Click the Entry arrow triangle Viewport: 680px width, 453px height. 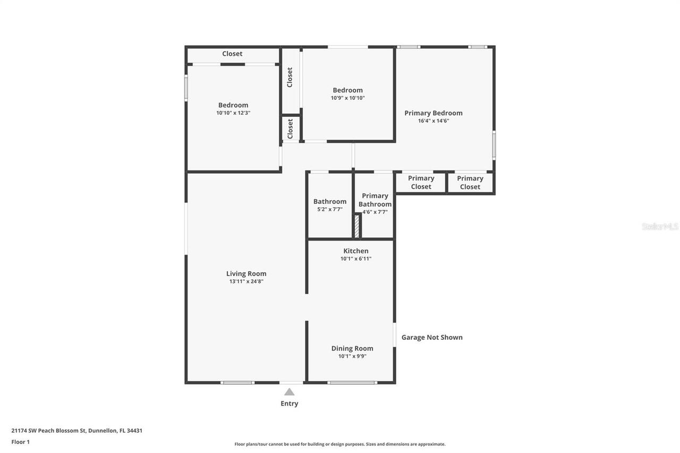click(x=289, y=392)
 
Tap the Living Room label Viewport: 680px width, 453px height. click(x=246, y=273)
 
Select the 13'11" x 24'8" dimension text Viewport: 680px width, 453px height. click(x=246, y=281)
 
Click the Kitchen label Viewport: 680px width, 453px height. click(x=355, y=251)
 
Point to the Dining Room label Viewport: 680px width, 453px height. click(x=352, y=348)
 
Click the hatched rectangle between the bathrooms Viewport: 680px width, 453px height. click(x=357, y=226)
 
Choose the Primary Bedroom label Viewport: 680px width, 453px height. click(x=433, y=113)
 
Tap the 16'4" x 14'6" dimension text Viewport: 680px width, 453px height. click(x=433, y=121)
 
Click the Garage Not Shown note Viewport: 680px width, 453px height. click(x=431, y=337)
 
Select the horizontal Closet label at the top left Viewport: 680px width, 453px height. click(x=232, y=54)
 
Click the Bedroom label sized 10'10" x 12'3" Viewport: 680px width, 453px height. click(x=233, y=105)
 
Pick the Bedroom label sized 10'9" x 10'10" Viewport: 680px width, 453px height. click(x=347, y=90)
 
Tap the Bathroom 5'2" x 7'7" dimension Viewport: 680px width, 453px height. click(x=329, y=209)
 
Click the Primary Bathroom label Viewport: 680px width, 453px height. click(x=375, y=200)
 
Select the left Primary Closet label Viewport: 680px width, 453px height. click(x=421, y=182)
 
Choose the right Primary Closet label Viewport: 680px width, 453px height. click(x=470, y=182)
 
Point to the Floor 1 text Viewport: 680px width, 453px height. click(x=20, y=441)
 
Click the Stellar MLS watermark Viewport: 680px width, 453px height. click(x=660, y=226)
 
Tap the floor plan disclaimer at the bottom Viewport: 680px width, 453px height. click(x=340, y=444)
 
